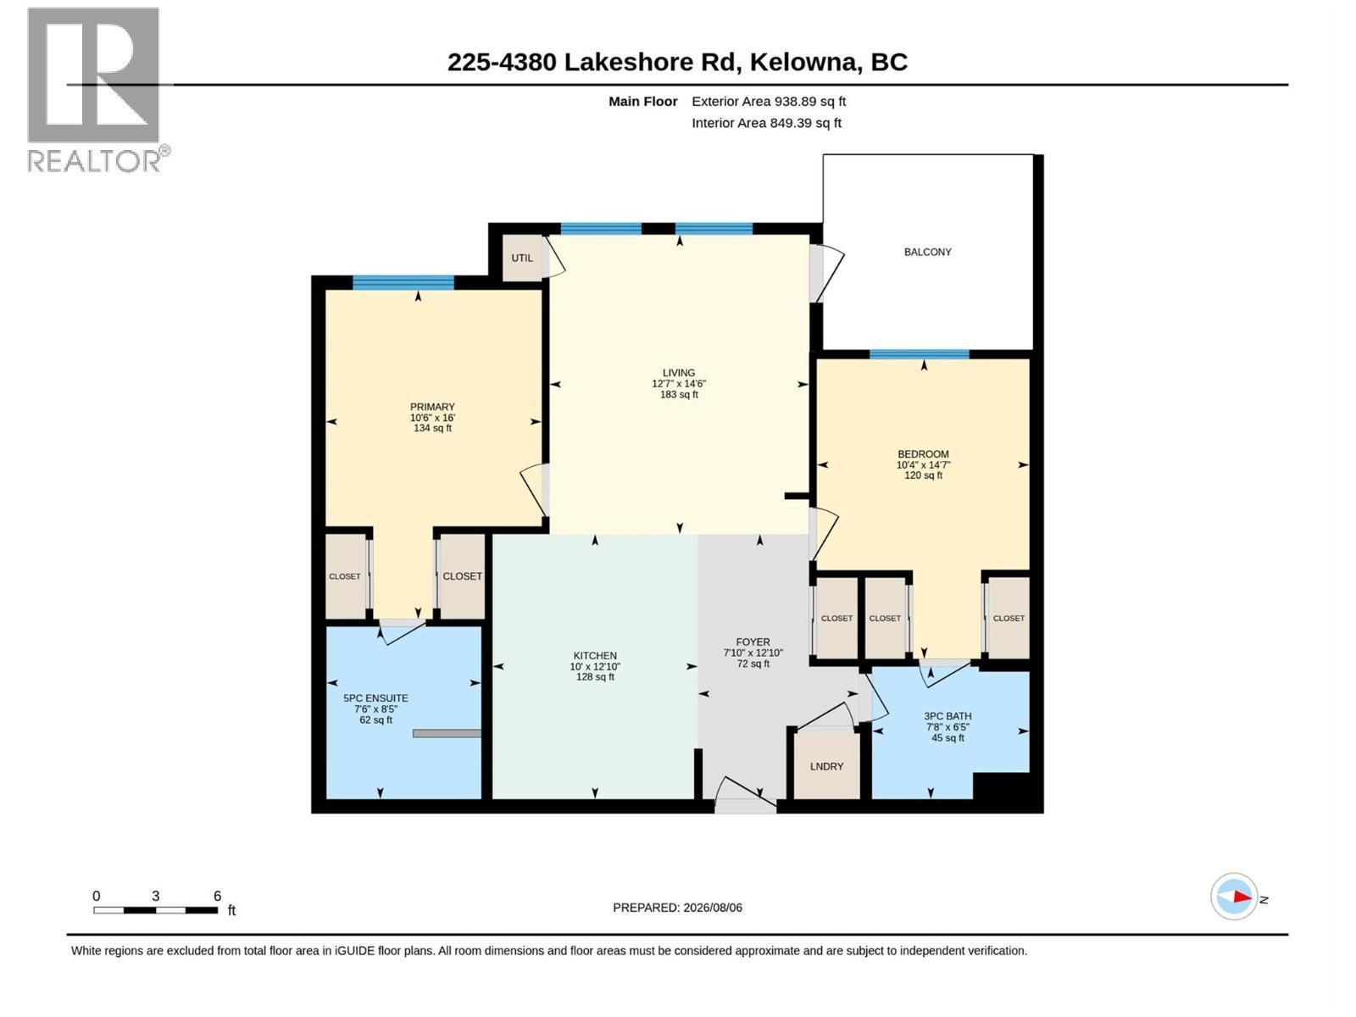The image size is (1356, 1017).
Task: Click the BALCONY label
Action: click(927, 252)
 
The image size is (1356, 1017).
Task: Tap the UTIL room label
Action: click(521, 258)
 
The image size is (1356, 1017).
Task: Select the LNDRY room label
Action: click(826, 766)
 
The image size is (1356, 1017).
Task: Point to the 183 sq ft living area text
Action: click(679, 395)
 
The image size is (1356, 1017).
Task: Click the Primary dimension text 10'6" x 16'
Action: click(432, 418)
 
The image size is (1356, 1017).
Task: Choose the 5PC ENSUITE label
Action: click(375, 698)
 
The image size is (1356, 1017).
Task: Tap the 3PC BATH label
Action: click(948, 716)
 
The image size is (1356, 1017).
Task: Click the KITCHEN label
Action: click(595, 656)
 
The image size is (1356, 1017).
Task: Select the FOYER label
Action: click(753, 642)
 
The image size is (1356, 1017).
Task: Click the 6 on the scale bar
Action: click(217, 896)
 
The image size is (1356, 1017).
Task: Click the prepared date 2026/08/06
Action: click(713, 908)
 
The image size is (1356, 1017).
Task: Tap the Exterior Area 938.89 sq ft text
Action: click(769, 101)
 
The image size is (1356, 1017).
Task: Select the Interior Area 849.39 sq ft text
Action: click(766, 123)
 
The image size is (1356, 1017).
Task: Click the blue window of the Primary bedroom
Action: click(403, 283)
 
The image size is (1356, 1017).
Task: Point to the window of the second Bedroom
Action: click(920, 354)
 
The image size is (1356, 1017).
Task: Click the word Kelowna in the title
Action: click(803, 63)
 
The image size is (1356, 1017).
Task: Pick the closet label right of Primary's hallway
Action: click(462, 576)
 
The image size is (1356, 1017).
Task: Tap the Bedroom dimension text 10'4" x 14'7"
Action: click(923, 465)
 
